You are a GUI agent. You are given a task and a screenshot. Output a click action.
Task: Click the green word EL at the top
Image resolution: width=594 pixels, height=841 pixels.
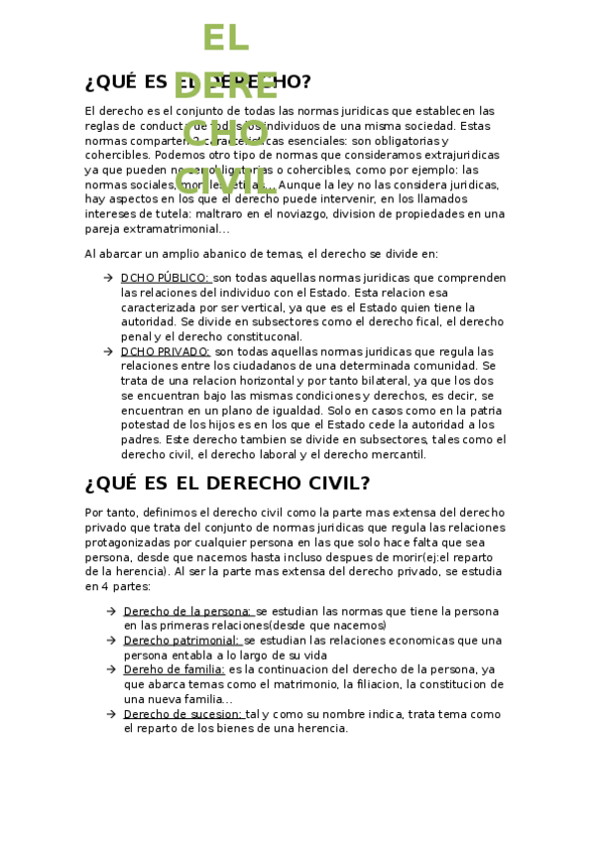pos(225,39)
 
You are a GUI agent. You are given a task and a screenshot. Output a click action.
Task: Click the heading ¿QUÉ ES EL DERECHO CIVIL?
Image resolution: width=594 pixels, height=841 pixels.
pos(227,483)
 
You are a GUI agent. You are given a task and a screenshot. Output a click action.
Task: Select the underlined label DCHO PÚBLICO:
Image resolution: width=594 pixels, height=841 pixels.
pos(165,278)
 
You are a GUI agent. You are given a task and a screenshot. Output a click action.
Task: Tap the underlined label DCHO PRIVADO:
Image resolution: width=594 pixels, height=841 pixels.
pos(165,351)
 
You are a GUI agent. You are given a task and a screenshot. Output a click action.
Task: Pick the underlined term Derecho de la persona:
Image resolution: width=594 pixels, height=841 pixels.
pos(187,611)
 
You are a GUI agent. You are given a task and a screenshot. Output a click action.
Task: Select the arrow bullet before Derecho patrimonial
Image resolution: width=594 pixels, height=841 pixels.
pos(110,640)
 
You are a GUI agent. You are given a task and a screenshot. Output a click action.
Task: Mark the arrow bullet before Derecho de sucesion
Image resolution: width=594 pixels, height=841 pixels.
pos(110,714)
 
